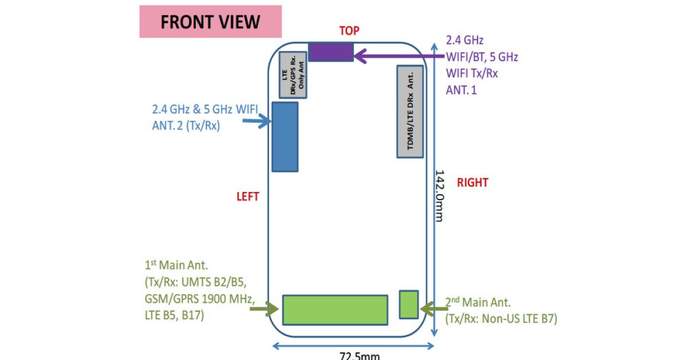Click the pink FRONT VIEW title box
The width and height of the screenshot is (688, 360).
pos(210,22)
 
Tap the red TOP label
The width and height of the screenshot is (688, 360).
pos(349,31)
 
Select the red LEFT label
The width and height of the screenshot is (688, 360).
pos(248,197)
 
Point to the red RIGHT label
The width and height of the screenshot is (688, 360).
pos(472,183)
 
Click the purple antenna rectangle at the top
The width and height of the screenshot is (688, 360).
pos(331,52)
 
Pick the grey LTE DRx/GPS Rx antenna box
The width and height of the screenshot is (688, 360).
pos(292,75)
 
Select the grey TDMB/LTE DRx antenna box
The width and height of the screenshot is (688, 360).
pos(411,112)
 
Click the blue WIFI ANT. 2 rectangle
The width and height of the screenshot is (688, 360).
pos(284,136)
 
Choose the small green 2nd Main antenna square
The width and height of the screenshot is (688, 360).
pos(409,304)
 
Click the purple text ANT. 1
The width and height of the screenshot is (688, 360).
pos(462,90)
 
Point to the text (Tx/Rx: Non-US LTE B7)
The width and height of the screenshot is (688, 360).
pos(501,318)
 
